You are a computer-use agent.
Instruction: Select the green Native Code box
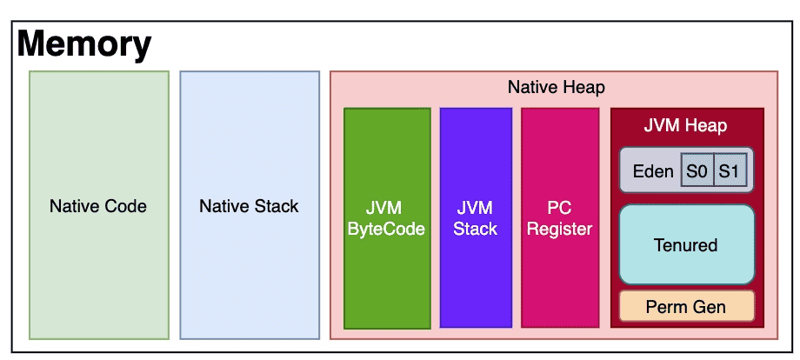click(99, 205)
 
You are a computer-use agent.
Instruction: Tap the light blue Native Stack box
click(250, 205)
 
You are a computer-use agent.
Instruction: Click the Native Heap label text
click(557, 87)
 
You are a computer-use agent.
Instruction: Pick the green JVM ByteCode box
click(387, 218)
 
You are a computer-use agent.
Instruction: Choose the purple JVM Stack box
click(476, 218)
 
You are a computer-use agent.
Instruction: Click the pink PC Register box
click(560, 218)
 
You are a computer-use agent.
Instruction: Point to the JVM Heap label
click(685, 125)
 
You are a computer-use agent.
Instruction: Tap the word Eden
click(653, 171)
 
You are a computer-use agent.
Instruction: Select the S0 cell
click(697, 170)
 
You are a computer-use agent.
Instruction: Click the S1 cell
click(730, 170)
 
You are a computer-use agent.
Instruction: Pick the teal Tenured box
click(686, 244)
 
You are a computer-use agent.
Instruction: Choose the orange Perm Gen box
click(686, 306)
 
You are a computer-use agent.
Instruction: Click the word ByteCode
click(386, 230)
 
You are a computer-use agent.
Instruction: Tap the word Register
click(560, 230)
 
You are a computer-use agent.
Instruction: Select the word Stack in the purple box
click(476, 229)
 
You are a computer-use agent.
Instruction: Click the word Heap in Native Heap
click(583, 88)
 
